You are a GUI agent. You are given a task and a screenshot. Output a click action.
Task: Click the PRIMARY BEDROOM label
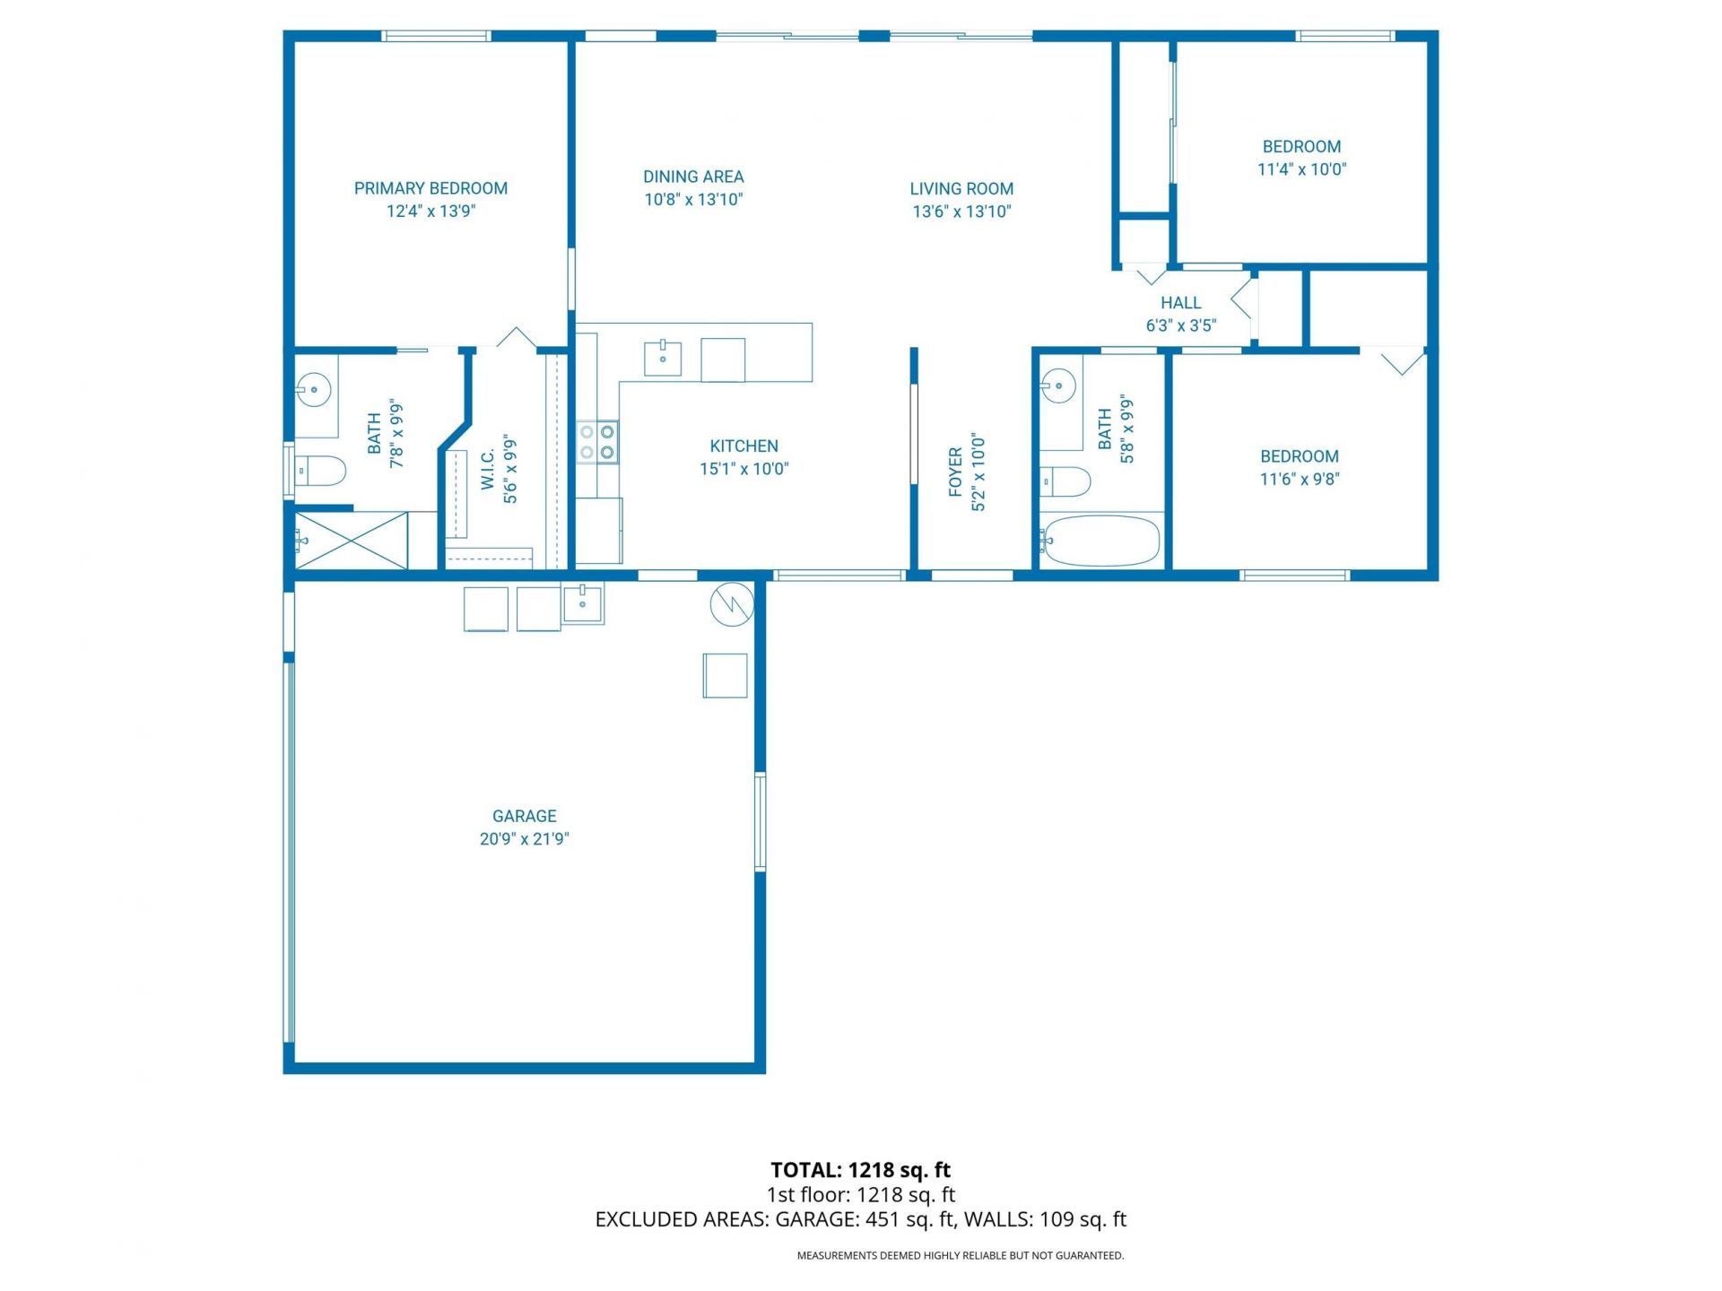[430, 188]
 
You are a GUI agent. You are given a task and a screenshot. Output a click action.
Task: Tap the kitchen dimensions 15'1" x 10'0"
[744, 469]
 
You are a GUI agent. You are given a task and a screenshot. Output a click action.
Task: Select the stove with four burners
[597, 442]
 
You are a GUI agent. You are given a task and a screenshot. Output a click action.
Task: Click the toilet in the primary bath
[321, 471]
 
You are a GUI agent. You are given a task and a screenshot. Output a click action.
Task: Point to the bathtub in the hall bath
[1101, 541]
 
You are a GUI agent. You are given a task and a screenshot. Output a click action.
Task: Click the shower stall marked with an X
[352, 541]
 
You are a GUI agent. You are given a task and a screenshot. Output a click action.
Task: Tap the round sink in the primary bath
[314, 390]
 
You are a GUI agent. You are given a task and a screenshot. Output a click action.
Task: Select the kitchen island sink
[663, 359]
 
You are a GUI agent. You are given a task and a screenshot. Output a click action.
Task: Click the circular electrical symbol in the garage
[732, 605]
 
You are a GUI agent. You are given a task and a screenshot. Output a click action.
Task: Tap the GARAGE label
[524, 816]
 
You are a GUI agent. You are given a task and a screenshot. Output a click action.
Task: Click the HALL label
[1180, 303]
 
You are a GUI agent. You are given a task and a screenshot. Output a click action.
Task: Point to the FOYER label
[955, 472]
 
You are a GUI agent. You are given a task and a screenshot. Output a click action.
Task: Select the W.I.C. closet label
[488, 470]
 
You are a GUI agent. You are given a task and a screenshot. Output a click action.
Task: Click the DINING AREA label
[693, 177]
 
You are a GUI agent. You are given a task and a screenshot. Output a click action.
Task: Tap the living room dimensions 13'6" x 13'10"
[961, 212]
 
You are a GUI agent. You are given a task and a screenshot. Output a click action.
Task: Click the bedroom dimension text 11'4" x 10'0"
[1301, 169]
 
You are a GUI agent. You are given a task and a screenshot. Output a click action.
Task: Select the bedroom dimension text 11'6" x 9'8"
[1299, 479]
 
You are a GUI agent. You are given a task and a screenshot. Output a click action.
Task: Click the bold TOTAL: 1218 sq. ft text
[860, 1170]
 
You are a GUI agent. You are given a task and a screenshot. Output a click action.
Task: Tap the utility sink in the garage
[583, 602]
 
